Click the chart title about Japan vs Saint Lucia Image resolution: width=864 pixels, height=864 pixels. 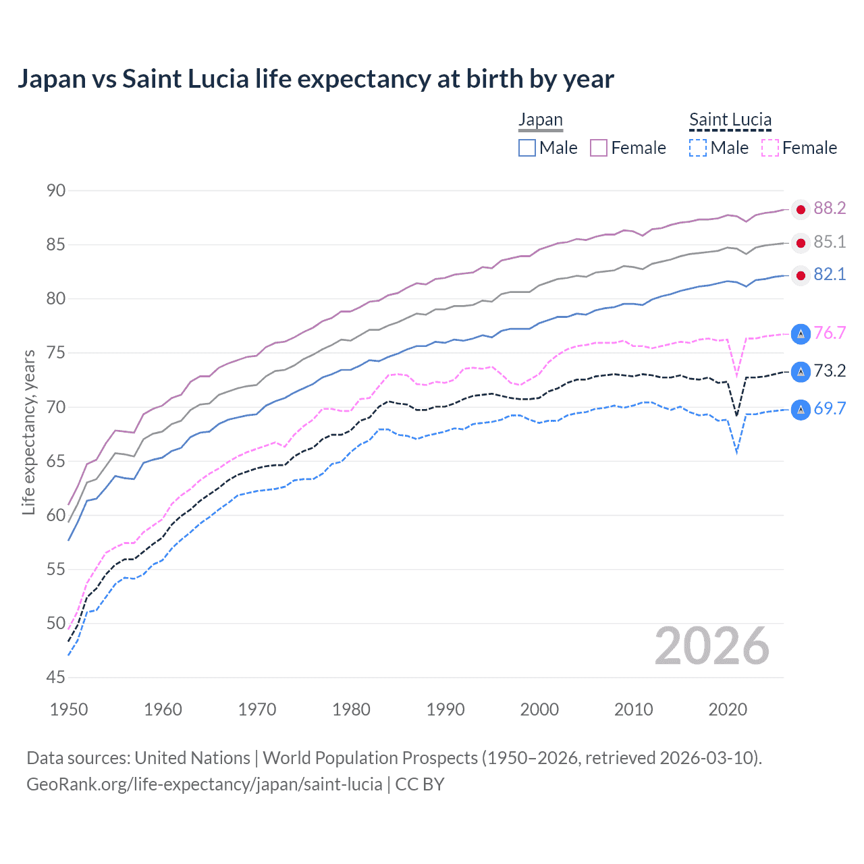tap(315, 79)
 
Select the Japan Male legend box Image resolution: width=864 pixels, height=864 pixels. tap(527, 148)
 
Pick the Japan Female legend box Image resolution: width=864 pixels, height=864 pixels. tap(599, 148)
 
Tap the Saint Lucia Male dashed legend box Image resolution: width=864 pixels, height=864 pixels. tap(698, 148)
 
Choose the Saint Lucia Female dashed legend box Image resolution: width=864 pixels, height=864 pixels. tap(769, 148)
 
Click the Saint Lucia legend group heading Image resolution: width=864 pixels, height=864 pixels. tap(730, 119)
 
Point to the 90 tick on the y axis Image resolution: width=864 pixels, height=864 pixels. tap(56, 190)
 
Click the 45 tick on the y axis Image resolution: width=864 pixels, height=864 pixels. tap(56, 677)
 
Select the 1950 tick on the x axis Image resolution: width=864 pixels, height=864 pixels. tap(69, 709)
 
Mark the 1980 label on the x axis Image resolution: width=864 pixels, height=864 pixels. tap(351, 709)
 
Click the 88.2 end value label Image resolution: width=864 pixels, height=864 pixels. tap(830, 209)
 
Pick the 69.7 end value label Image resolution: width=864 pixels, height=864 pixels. tap(830, 408)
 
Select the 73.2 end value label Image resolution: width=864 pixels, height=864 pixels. tap(830, 371)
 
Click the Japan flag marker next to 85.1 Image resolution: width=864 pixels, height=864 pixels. tap(801, 243)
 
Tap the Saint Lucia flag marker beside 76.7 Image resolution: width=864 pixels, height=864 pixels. tap(801, 333)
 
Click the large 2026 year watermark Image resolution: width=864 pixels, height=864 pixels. tap(711, 646)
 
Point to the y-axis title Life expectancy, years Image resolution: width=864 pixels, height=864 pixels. tap(28, 432)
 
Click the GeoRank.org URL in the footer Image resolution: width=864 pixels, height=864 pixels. tap(204, 784)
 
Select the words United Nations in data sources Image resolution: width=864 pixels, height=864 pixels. tap(192, 758)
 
